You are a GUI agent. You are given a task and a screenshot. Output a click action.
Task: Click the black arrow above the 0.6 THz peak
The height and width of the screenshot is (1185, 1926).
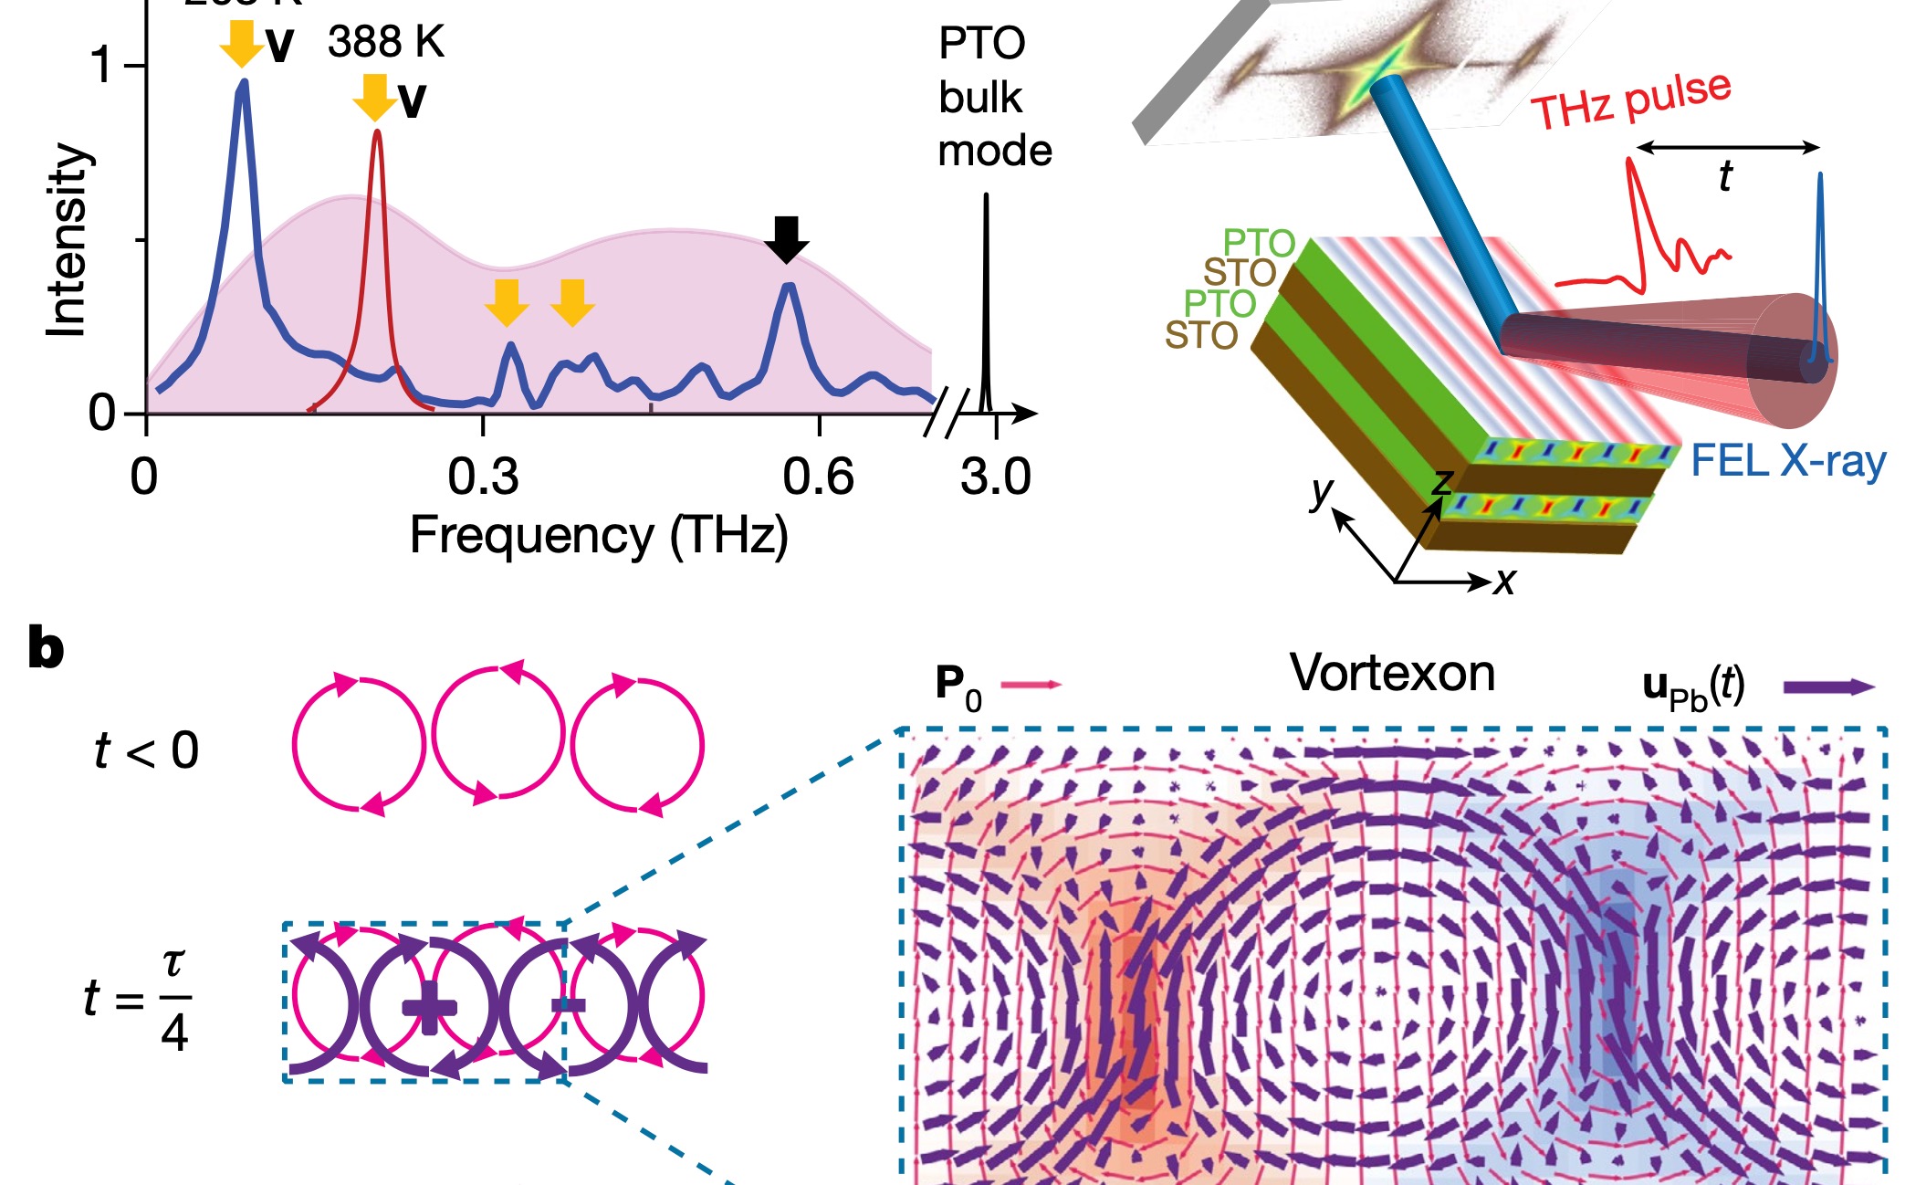point(786,239)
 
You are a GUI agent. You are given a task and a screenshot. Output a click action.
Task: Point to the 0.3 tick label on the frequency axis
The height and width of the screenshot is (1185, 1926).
point(483,477)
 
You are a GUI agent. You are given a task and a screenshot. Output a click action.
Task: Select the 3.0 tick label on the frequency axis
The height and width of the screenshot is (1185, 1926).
point(996,477)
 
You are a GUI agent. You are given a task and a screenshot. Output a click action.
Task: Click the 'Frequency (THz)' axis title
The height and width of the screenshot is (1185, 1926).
point(599,536)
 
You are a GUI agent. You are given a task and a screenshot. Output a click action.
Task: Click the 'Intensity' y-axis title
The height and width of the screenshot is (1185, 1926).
point(69,239)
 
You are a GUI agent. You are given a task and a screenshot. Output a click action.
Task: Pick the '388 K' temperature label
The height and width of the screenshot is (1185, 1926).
point(386,42)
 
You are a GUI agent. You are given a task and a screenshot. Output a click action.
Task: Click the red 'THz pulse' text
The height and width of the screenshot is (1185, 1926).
point(1630,100)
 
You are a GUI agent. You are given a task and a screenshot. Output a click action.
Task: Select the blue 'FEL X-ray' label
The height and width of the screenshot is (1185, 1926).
point(1788,461)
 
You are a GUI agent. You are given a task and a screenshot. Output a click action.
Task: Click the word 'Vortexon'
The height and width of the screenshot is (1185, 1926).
point(1392,674)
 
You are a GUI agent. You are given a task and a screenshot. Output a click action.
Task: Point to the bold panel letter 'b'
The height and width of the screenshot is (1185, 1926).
point(46,648)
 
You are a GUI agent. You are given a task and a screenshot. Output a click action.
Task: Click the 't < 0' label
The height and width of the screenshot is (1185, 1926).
point(147,750)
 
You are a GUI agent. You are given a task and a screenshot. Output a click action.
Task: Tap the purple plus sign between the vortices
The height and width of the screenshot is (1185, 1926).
point(429,1007)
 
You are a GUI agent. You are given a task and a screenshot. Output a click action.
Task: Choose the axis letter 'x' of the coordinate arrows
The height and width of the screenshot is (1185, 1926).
point(1504,581)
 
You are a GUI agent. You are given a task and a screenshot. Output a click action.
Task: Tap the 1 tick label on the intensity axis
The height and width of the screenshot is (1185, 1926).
point(103,66)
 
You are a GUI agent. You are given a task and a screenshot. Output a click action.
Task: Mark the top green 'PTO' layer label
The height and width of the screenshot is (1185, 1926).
point(1259,243)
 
